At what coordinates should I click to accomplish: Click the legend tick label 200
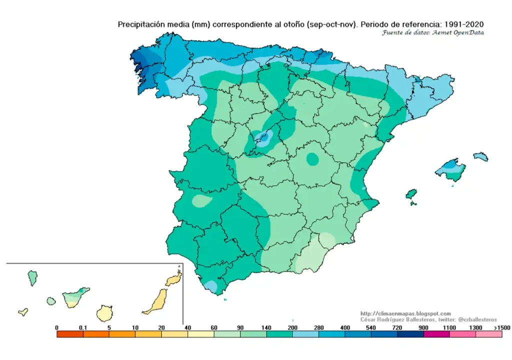click(x=292, y=327)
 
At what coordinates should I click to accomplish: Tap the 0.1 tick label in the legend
click(x=83, y=327)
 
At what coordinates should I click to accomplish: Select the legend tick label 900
click(x=423, y=327)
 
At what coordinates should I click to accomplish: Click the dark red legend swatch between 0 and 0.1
click(x=70, y=334)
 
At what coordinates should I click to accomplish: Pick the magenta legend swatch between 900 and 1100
click(x=436, y=334)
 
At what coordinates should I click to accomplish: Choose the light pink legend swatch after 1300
click(x=489, y=334)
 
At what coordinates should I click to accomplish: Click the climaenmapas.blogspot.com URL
click(x=405, y=313)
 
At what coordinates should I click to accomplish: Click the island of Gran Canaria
click(x=105, y=313)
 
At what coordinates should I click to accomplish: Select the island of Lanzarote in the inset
click(x=173, y=278)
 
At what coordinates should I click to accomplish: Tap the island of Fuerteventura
click(x=155, y=302)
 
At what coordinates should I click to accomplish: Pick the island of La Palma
click(x=32, y=277)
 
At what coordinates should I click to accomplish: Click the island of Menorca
click(x=480, y=156)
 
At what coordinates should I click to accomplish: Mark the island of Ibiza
click(x=411, y=193)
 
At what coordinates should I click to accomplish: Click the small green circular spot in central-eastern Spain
click(x=312, y=159)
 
